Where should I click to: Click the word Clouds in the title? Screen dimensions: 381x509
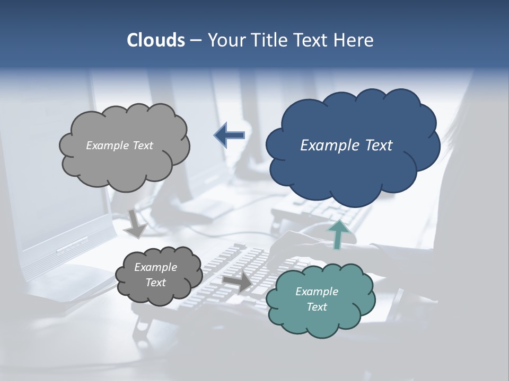(x=156, y=40)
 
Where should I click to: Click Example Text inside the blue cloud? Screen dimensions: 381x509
(x=346, y=146)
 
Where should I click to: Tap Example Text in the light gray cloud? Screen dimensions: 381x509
(x=119, y=146)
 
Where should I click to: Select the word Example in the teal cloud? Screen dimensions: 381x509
(x=317, y=292)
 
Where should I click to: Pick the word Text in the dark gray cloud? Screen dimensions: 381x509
(x=155, y=283)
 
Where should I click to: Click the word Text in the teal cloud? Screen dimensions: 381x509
(x=317, y=307)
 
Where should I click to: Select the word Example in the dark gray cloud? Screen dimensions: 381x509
(x=155, y=267)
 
